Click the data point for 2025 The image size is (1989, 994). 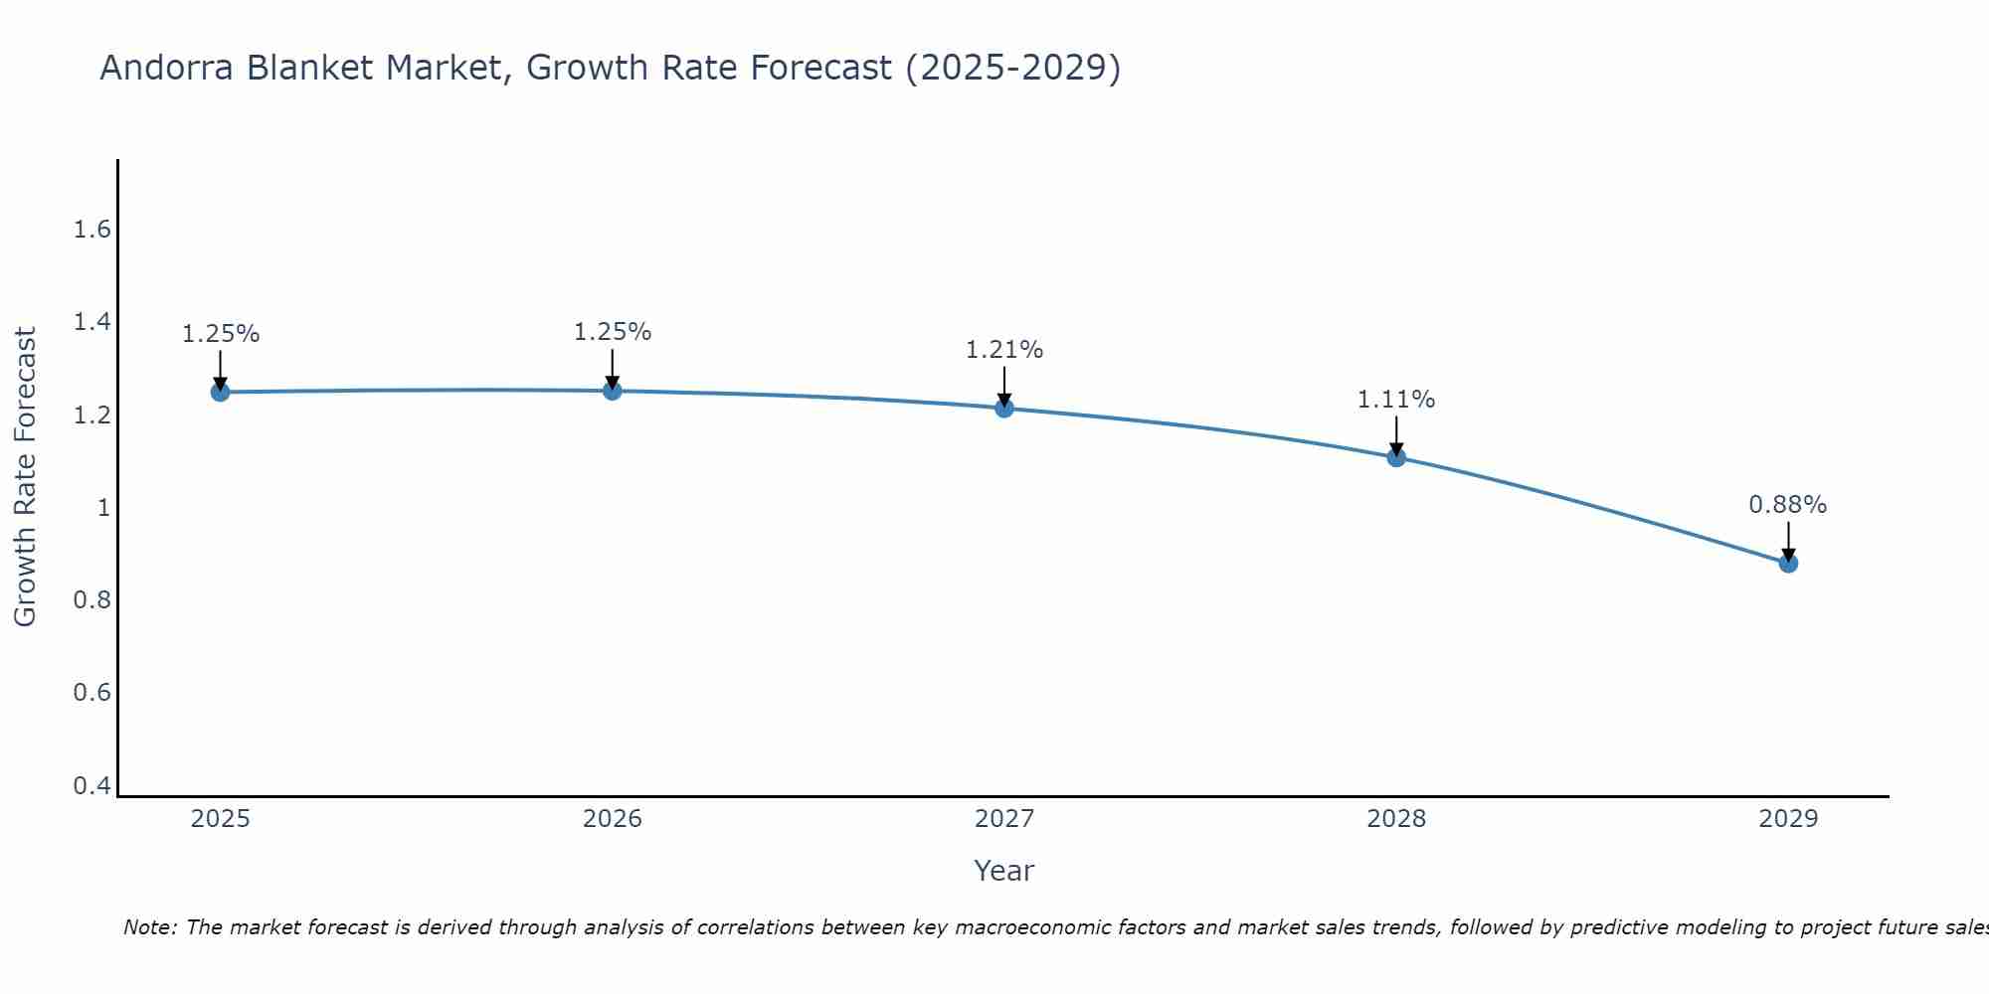(220, 392)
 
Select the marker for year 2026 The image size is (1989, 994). (613, 391)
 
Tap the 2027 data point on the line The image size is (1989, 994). (1004, 408)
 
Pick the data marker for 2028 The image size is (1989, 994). (1396, 457)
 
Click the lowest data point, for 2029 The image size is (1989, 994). (1788, 564)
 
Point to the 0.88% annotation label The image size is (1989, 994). (1787, 505)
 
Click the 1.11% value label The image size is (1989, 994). (1395, 400)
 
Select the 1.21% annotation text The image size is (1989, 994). (1003, 350)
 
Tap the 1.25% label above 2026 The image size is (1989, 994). (612, 332)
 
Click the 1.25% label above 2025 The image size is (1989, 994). (220, 334)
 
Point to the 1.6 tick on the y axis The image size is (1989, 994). (91, 230)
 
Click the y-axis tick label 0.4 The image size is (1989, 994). (91, 786)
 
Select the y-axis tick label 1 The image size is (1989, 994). (102, 508)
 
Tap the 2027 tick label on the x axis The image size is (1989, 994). (1003, 819)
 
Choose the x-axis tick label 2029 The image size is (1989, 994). (1787, 819)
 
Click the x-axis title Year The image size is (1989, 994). (1003, 871)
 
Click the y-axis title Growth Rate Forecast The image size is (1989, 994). (25, 477)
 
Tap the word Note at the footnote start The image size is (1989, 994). (149, 927)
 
